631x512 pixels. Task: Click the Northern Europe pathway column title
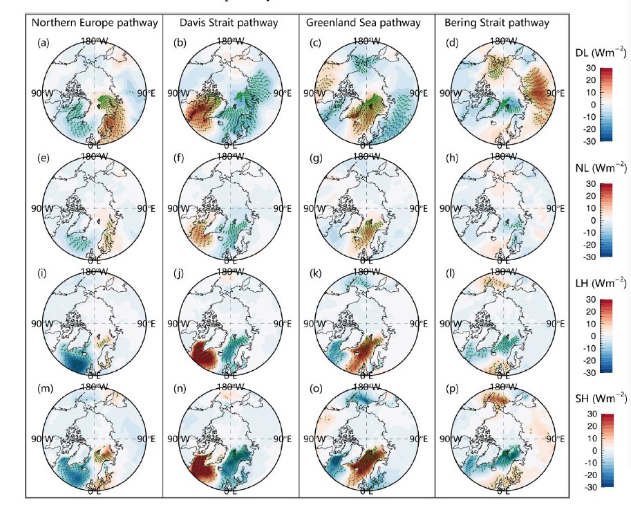click(95, 23)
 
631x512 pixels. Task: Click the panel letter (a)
click(44, 43)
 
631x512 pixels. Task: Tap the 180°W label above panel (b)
click(230, 41)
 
